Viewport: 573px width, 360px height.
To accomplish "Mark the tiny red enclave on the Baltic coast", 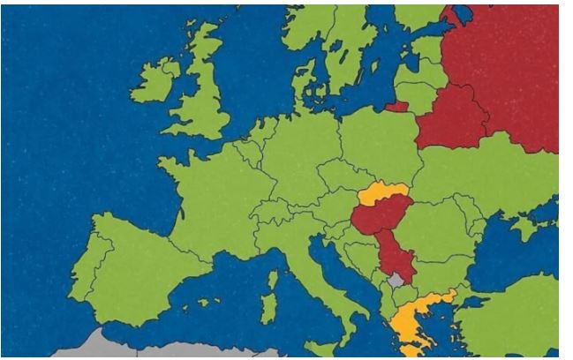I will coord(396,108).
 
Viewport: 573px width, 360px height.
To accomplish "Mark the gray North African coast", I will coord(159,349).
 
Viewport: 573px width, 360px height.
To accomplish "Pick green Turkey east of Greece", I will coord(512,313).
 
